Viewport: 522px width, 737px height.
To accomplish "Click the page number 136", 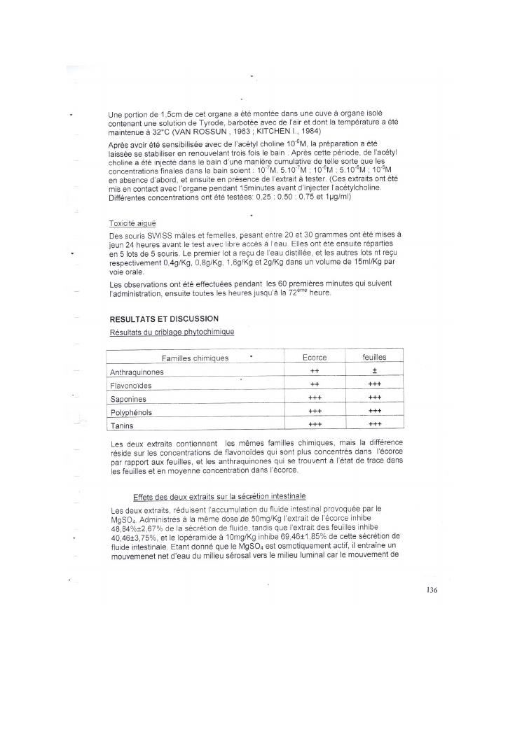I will (x=431, y=590).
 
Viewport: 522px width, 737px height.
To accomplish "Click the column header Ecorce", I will (x=315, y=358).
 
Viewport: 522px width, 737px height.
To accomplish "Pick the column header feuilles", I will (x=374, y=357).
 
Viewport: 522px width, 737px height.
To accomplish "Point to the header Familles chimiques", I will (x=195, y=358).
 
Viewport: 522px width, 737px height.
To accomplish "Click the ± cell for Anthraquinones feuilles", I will (x=374, y=372).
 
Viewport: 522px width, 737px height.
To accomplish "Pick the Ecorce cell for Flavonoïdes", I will (x=315, y=385).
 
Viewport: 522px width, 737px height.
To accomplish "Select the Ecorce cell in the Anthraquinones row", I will (x=315, y=372).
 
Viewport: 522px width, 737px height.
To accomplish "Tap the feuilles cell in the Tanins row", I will (x=374, y=424).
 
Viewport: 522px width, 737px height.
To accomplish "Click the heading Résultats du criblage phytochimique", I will (x=172, y=332).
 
